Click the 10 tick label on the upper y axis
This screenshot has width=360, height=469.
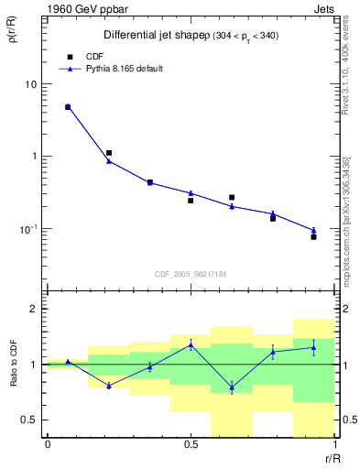(29, 84)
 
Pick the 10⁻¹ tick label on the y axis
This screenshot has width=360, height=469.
(27, 228)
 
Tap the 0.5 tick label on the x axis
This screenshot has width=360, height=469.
(191, 445)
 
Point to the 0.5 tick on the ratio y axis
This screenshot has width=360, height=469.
(28, 420)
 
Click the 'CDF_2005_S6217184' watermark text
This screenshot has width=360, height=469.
(191, 274)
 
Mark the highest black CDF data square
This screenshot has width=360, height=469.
(68, 107)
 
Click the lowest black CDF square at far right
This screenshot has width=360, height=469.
(313, 237)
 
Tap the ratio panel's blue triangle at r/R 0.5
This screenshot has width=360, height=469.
(191, 344)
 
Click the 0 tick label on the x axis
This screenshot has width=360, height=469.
(48, 445)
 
